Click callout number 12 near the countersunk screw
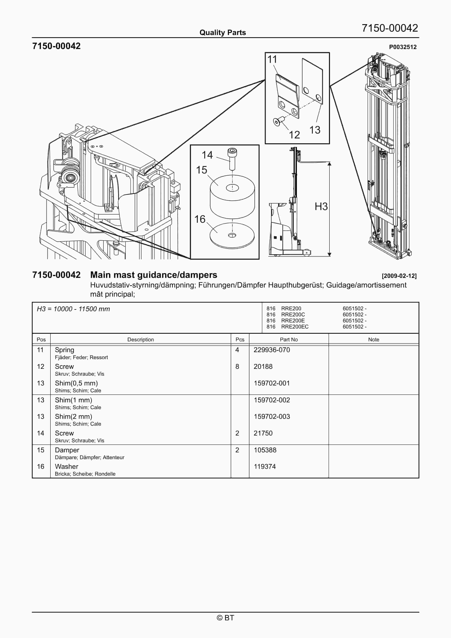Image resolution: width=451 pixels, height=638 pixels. click(294, 135)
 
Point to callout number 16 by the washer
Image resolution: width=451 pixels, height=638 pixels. click(200, 219)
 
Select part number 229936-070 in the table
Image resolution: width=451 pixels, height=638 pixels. click(272, 350)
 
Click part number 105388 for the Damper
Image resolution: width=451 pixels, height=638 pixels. click(265, 450)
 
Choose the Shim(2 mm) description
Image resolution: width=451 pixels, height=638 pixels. click(73, 417)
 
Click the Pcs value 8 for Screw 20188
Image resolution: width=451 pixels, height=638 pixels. click(237, 367)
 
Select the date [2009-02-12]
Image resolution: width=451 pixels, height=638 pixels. click(399, 276)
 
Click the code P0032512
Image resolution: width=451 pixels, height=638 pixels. click(403, 47)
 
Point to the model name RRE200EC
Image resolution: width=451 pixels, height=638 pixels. click(295, 327)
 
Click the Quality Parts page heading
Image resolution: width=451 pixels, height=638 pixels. click(222, 33)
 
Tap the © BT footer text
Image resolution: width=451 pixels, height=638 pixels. click(225, 618)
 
